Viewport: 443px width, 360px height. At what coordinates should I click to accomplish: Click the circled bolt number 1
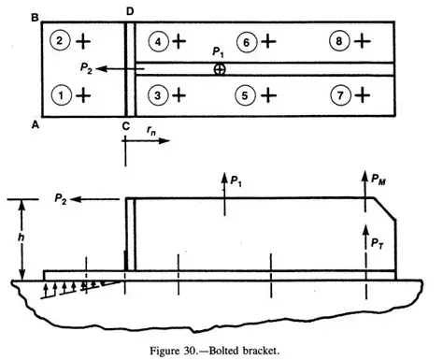click(63, 94)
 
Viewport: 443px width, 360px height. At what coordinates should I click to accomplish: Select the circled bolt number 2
click(63, 41)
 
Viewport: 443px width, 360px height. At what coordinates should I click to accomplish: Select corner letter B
click(35, 16)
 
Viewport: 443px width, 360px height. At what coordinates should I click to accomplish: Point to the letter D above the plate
click(129, 10)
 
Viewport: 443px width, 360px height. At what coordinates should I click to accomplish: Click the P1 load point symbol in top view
click(220, 69)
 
